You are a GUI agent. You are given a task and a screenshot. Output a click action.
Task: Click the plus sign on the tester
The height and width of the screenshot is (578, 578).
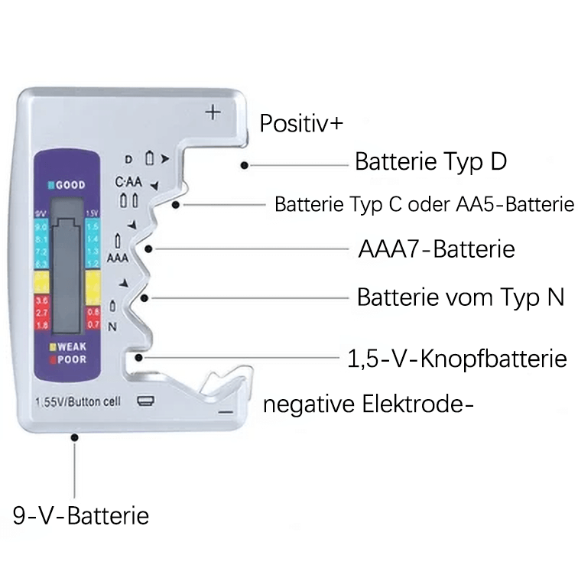tap(213, 113)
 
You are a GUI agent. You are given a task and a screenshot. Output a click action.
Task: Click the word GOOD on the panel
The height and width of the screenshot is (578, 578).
tap(68, 185)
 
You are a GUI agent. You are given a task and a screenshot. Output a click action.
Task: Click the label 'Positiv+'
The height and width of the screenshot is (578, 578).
tap(301, 124)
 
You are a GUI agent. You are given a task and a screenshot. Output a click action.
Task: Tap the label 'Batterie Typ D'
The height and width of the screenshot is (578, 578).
tap(431, 162)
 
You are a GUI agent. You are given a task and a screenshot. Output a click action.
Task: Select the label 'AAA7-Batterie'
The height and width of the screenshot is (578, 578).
tap(436, 250)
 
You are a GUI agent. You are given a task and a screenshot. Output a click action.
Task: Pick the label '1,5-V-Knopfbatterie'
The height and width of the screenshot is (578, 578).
tap(457, 359)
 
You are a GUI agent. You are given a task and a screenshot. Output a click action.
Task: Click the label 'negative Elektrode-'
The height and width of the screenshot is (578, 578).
tap(368, 404)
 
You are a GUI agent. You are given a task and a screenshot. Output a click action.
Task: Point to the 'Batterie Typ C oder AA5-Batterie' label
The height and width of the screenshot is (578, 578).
tap(424, 205)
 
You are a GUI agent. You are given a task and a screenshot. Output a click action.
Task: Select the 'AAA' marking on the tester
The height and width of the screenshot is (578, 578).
tap(117, 258)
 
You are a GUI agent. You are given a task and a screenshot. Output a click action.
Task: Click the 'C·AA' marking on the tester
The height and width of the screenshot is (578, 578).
tap(128, 183)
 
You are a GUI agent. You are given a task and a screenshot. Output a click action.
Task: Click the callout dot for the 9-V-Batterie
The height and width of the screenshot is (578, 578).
tap(75, 437)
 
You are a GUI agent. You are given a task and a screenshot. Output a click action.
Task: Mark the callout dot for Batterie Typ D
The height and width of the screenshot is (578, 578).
tap(244, 164)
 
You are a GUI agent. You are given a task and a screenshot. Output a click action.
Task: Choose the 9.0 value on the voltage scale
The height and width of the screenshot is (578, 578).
tap(41, 228)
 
